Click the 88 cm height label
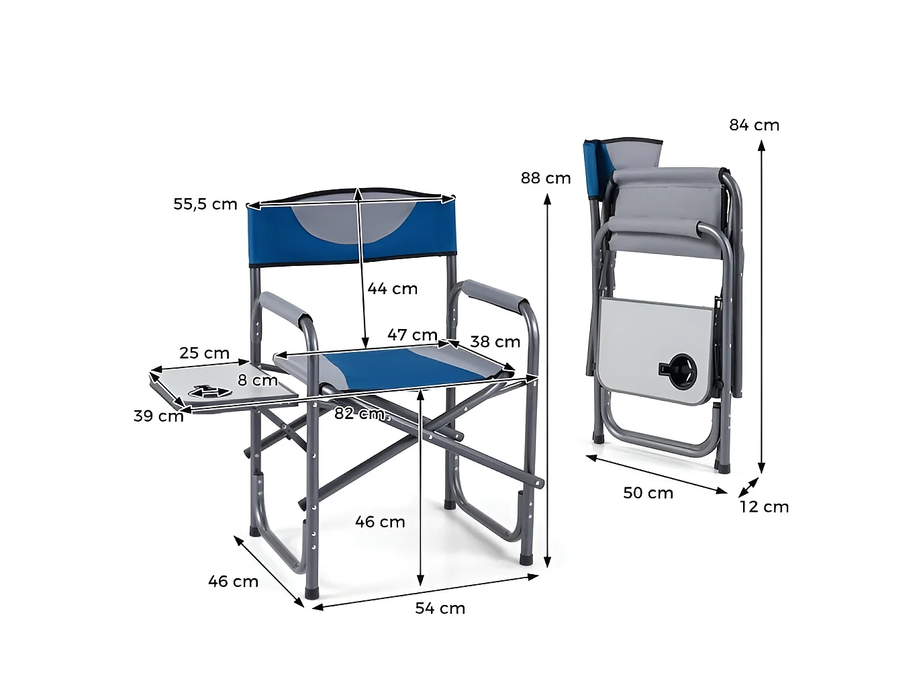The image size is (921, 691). [x=546, y=179]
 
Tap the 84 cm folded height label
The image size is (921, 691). [x=754, y=125]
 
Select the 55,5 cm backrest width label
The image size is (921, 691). [x=205, y=204]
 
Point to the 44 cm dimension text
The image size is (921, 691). [x=392, y=289]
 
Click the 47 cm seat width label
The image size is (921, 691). [x=412, y=335]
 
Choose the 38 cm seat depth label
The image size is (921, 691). [x=495, y=342]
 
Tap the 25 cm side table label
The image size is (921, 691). [x=204, y=353]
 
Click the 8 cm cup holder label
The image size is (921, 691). [x=258, y=380]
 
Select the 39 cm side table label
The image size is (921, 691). [x=158, y=416]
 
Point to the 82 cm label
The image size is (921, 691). [x=360, y=414]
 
